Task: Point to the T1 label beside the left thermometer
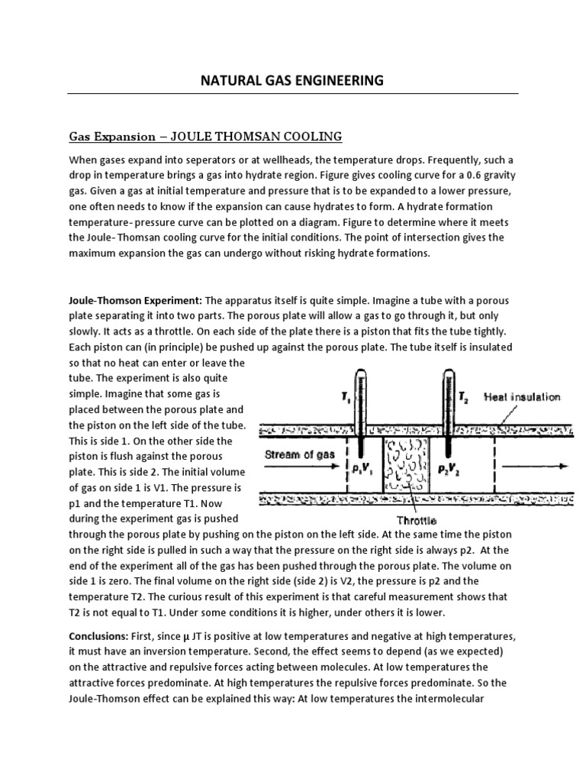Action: (327, 396)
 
